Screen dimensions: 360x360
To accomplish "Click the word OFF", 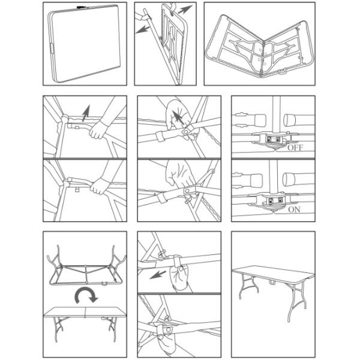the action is click(x=295, y=148).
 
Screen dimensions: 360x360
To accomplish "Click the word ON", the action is click(x=294, y=209).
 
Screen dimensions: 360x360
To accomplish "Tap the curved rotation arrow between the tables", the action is click(x=86, y=295).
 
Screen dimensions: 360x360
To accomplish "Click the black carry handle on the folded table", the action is click(x=80, y=7).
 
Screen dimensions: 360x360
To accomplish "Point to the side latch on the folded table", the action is click(x=52, y=48).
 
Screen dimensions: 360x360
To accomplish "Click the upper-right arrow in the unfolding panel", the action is click(x=185, y=10).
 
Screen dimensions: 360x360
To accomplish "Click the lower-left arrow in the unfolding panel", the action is click(x=143, y=29).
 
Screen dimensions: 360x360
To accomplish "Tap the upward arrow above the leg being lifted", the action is click(x=86, y=113).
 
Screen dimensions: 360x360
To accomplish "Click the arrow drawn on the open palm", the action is click(x=178, y=118).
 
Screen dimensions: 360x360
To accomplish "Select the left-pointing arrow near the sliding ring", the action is click(x=158, y=275).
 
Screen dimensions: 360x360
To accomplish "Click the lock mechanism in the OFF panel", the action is click(x=273, y=139).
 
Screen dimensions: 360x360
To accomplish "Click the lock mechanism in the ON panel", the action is click(x=275, y=200).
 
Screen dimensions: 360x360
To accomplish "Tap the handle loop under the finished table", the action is click(x=272, y=282).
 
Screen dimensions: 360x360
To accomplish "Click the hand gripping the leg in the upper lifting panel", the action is click(x=98, y=130).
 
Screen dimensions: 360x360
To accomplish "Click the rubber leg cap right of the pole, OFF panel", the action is click(x=289, y=120).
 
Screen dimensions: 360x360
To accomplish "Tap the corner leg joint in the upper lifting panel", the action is click(x=65, y=119).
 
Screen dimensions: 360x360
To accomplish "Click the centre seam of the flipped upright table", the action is click(x=85, y=312).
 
